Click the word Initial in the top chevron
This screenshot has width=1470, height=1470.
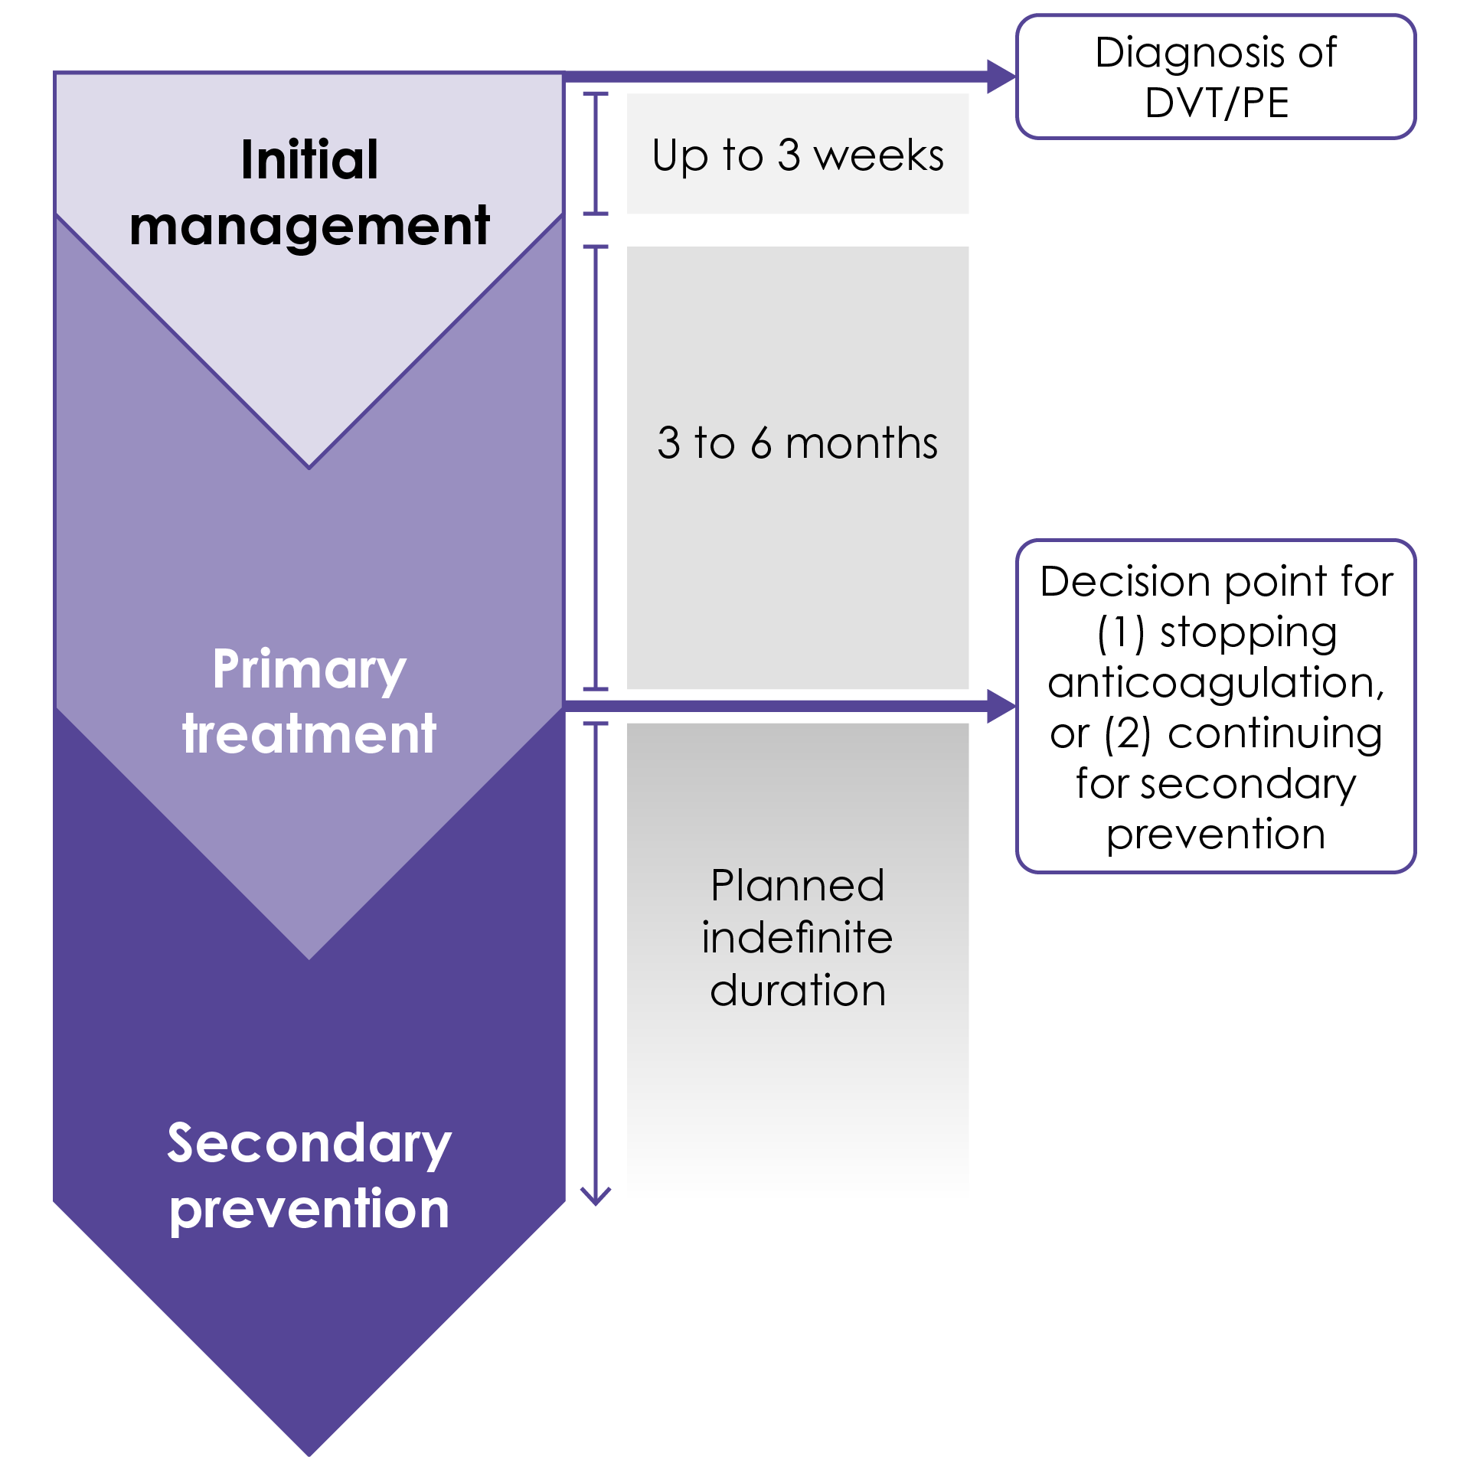(x=309, y=160)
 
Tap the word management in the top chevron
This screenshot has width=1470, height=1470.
(x=309, y=227)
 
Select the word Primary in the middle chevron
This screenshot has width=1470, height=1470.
(x=309, y=670)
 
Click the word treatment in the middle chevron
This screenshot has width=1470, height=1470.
(x=309, y=734)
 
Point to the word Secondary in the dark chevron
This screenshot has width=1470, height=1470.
(x=309, y=1144)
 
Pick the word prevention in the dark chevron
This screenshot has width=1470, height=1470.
(x=309, y=1210)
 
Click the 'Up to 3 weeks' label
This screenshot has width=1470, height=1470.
(x=798, y=155)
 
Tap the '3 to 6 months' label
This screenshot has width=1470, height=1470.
(x=798, y=443)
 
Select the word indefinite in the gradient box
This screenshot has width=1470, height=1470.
(x=798, y=938)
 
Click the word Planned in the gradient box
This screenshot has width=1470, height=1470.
(x=798, y=886)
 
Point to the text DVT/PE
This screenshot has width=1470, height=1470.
(x=1217, y=103)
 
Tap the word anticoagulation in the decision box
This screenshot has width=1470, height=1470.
(x=1217, y=682)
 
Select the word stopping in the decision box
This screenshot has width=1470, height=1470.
(x=1249, y=633)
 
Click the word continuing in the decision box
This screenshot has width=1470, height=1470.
(x=1275, y=733)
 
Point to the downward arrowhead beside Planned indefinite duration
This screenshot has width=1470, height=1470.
(x=596, y=1196)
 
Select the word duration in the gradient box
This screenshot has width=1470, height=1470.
(x=798, y=990)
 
